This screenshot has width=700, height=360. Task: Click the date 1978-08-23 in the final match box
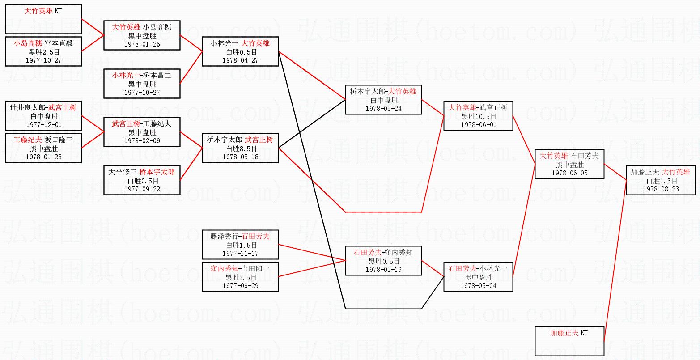[661, 189]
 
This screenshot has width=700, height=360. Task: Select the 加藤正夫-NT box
[569, 341]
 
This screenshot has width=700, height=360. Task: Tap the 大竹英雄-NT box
[43, 19]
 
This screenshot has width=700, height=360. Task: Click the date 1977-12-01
[43, 125]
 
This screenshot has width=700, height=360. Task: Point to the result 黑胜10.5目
[478, 116]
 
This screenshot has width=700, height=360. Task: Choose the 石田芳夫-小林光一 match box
[478, 277]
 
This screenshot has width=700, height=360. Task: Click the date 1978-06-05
[569, 173]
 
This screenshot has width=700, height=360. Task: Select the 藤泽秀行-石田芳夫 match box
[240, 245]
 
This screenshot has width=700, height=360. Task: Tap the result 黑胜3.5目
[240, 277]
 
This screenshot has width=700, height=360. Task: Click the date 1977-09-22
[142, 189]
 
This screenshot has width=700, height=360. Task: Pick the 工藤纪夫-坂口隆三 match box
[43, 148]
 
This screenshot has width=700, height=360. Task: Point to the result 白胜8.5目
[240, 148]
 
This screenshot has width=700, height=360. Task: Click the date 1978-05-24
[383, 109]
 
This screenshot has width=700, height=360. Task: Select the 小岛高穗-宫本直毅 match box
[43, 51]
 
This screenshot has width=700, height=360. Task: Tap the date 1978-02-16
[383, 270]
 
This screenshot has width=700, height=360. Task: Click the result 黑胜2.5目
[43, 51]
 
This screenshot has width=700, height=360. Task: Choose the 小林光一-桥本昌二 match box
[142, 84]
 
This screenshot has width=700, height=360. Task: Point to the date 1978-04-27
[240, 60]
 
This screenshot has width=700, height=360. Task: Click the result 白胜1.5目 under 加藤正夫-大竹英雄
[661, 181]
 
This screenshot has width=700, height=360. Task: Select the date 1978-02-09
[142, 141]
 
